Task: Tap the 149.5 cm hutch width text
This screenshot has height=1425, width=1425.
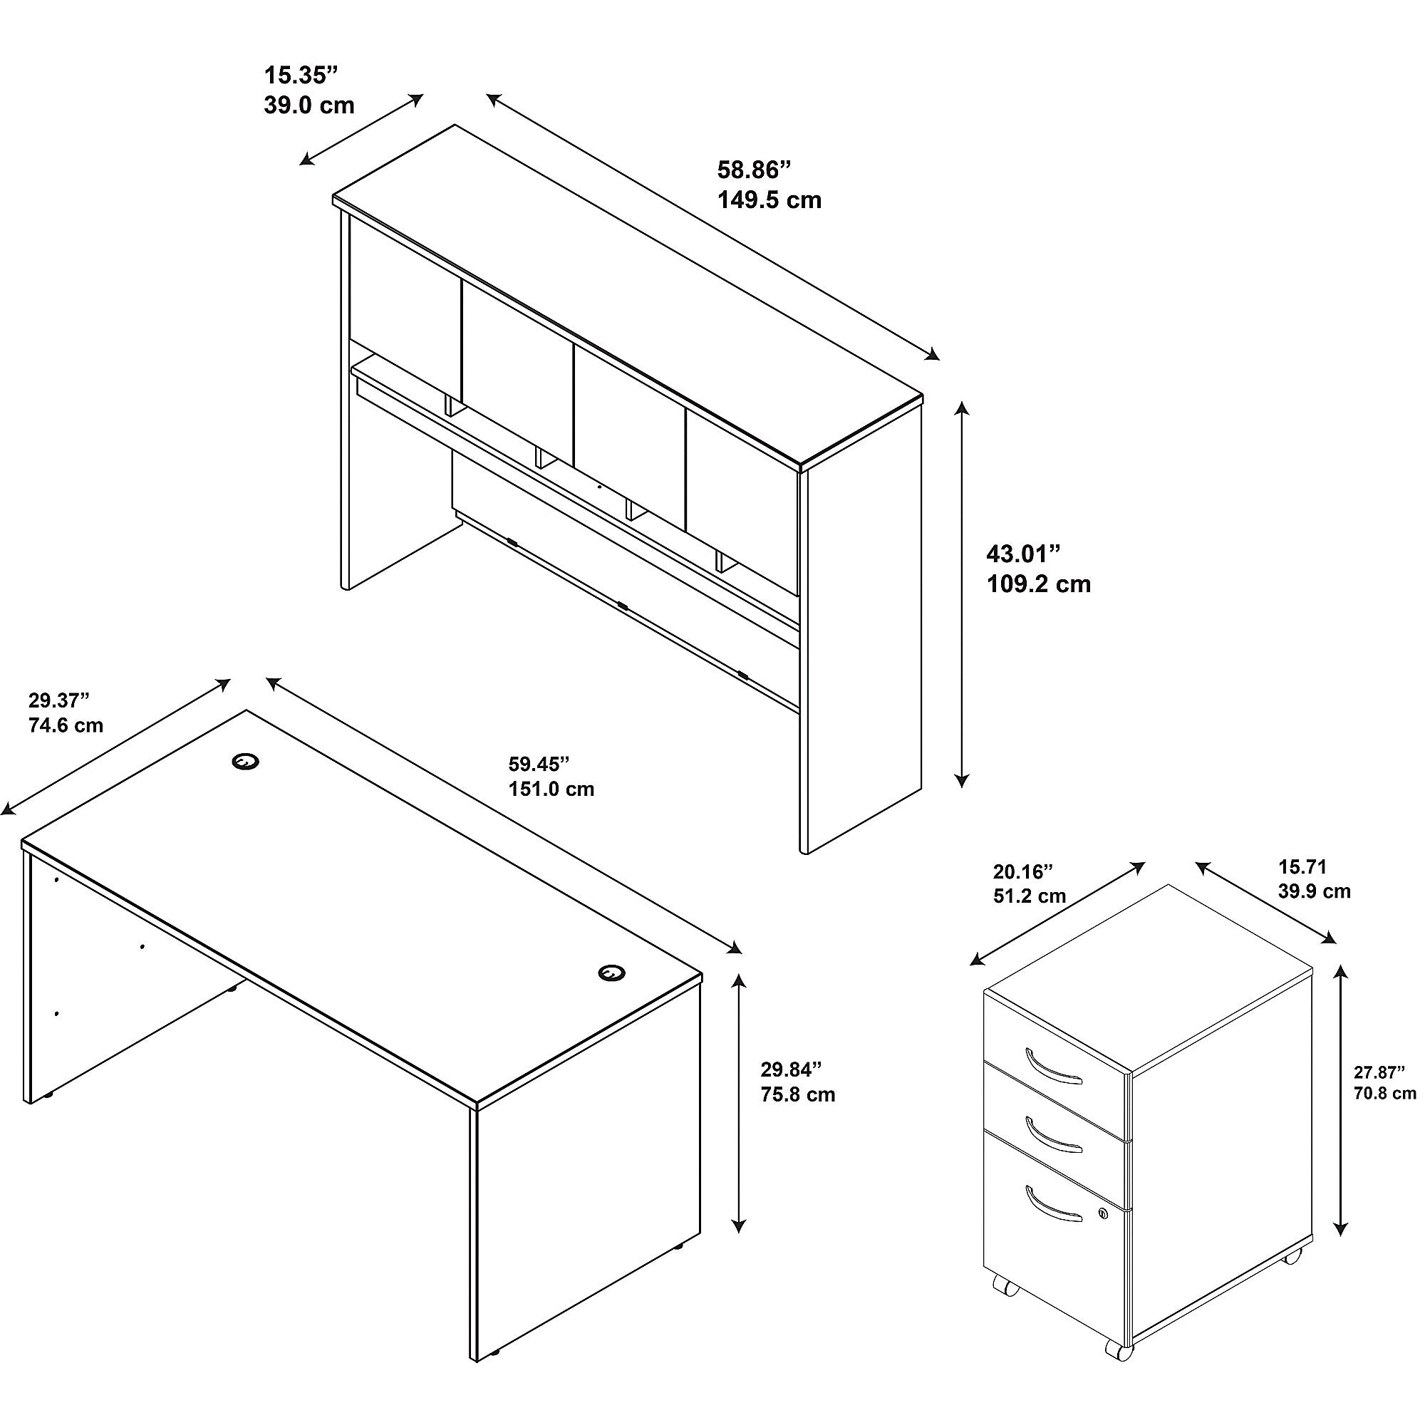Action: tap(769, 199)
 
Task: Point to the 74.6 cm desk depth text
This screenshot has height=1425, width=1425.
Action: tap(66, 725)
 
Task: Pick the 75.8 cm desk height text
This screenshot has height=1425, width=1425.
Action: tap(798, 1094)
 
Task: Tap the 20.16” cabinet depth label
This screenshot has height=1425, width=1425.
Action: tap(1023, 873)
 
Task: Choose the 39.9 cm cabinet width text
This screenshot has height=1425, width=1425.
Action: tap(1315, 891)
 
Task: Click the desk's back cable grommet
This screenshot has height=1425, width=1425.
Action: tap(245, 761)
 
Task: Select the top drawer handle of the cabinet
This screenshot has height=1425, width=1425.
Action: tap(1053, 1067)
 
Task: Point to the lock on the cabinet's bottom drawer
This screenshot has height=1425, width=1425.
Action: tap(1104, 1213)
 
